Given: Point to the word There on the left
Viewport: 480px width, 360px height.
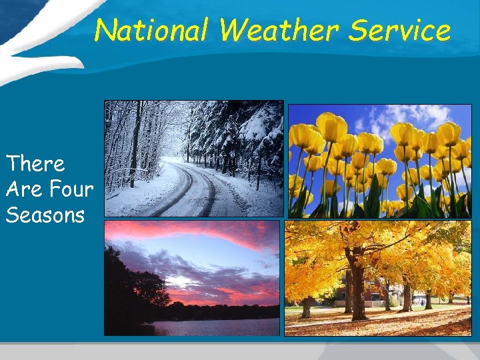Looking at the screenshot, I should point(35,163).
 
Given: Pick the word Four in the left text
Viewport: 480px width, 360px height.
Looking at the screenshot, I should point(71,189).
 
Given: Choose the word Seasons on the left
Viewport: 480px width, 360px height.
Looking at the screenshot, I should point(45,215).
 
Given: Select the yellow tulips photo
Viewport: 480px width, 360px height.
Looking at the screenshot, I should point(379,161).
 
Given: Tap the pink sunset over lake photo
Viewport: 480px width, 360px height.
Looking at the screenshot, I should point(191,278).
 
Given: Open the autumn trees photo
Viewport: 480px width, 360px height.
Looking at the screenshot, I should point(377,278).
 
